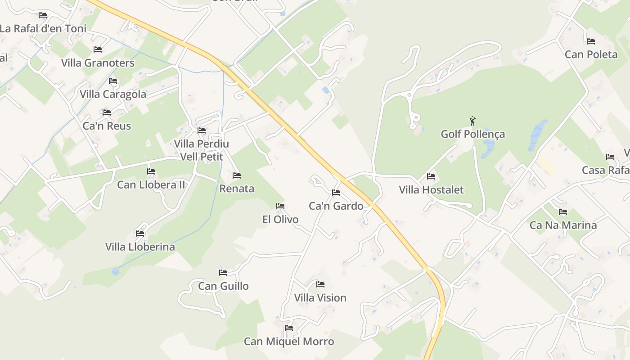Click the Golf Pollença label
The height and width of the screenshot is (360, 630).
pos(472,134)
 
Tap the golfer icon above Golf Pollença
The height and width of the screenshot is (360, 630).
pos(472,121)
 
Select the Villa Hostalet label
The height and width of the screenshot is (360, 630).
pos(431,190)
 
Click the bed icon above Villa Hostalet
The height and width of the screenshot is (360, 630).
pos(431,176)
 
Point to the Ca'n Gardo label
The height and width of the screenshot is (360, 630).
pos(336,206)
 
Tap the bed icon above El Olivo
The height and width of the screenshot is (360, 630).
pos(280,206)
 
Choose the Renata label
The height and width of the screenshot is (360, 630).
pos(237,189)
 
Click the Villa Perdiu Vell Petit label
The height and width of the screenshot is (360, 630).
pos(202,150)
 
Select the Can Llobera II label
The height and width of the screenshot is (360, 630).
pos(151,184)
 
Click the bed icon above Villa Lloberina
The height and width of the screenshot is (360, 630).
pos(140,234)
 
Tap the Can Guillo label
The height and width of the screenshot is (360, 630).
pos(223,286)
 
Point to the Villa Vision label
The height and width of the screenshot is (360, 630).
pos(320,298)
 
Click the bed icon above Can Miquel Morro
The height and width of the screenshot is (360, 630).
pos(289,328)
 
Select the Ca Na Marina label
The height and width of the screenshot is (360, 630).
pos(563,225)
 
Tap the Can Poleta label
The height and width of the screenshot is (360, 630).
pos(591,54)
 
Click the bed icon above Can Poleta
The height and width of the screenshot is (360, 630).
pos(591,41)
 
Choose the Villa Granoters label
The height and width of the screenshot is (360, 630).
pos(98,63)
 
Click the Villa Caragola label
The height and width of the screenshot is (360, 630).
pos(113,94)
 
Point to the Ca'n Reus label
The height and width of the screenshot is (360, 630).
pos(107,126)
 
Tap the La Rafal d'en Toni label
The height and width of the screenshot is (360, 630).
pos(43,29)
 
